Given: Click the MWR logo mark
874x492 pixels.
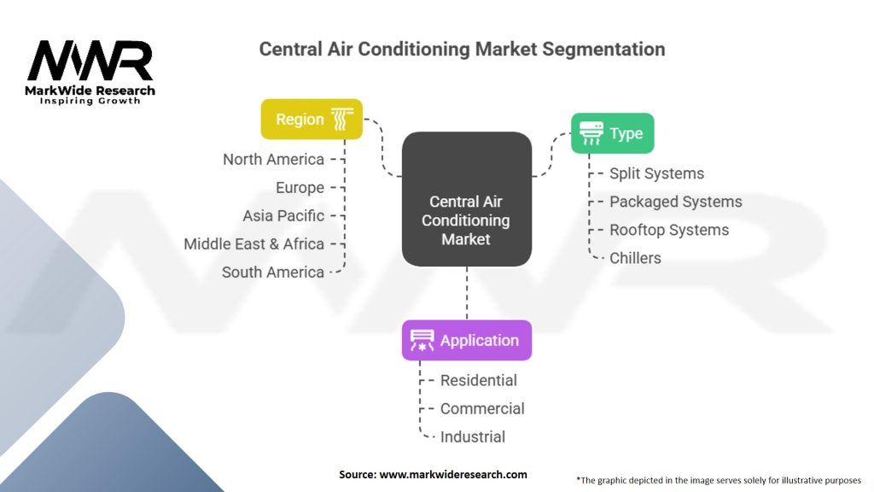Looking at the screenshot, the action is (x=90, y=61).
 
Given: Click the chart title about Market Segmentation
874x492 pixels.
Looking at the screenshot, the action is (x=462, y=49).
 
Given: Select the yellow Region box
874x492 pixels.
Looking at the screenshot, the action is (x=312, y=120).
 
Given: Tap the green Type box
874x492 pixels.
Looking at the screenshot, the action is (x=613, y=133).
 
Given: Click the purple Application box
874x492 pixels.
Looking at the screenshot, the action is (x=467, y=340).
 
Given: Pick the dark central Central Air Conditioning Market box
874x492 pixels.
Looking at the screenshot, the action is (x=467, y=199).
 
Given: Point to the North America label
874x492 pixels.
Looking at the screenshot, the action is (x=273, y=160).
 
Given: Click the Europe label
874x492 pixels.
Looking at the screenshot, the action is (x=300, y=188).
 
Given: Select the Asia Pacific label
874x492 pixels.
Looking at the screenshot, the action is (x=283, y=216).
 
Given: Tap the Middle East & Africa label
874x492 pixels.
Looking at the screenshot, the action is (x=253, y=243).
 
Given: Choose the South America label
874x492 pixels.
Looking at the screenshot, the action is (x=273, y=272).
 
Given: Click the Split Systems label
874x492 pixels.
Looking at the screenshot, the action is (x=656, y=173).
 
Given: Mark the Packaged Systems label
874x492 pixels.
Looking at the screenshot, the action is (x=676, y=202).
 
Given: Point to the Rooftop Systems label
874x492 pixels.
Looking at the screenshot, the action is (x=669, y=230).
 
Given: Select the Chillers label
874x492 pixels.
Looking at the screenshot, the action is (x=635, y=258).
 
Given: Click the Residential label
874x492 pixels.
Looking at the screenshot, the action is (x=478, y=380).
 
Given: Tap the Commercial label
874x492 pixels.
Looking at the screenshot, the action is (x=482, y=409).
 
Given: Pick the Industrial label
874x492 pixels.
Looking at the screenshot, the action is (x=473, y=436).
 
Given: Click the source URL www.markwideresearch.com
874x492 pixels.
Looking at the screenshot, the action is (x=453, y=475).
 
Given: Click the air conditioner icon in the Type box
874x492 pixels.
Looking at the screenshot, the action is (x=591, y=133).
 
